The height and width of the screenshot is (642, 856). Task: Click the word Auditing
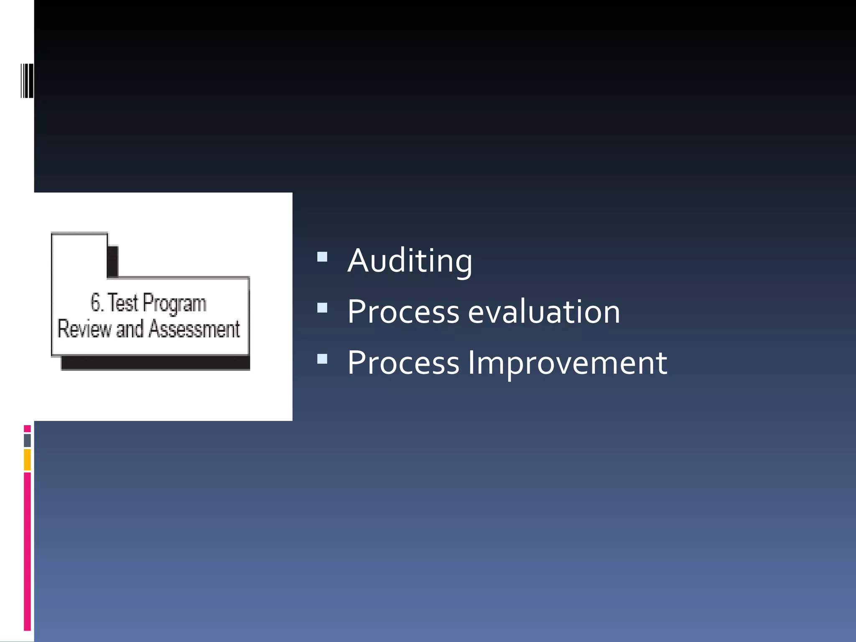pyautogui.click(x=410, y=261)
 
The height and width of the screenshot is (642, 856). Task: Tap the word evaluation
pyautogui.click(x=544, y=312)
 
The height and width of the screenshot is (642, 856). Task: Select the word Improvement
pyautogui.click(x=567, y=363)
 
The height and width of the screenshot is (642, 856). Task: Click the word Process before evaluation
pyautogui.click(x=403, y=312)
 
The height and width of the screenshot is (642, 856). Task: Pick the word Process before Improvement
pyautogui.click(x=403, y=363)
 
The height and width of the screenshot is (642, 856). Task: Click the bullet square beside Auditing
pyautogui.click(x=322, y=256)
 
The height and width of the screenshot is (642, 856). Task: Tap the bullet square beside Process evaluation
pyautogui.click(x=322, y=308)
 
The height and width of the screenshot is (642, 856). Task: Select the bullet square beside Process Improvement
pyautogui.click(x=322, y=359)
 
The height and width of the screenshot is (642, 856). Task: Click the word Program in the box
pyautogui.click(x=174, y=303)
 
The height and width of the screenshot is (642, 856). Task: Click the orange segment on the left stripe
pyautogui.click(x=27, y=459)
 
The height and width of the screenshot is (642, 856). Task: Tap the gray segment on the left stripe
pyautogui.click(x=27, y=440)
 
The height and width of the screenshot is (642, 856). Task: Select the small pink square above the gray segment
pyautogui.click(x=27, y=428)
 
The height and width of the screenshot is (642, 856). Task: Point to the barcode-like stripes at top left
pyautogui.click(x=27, y=81)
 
